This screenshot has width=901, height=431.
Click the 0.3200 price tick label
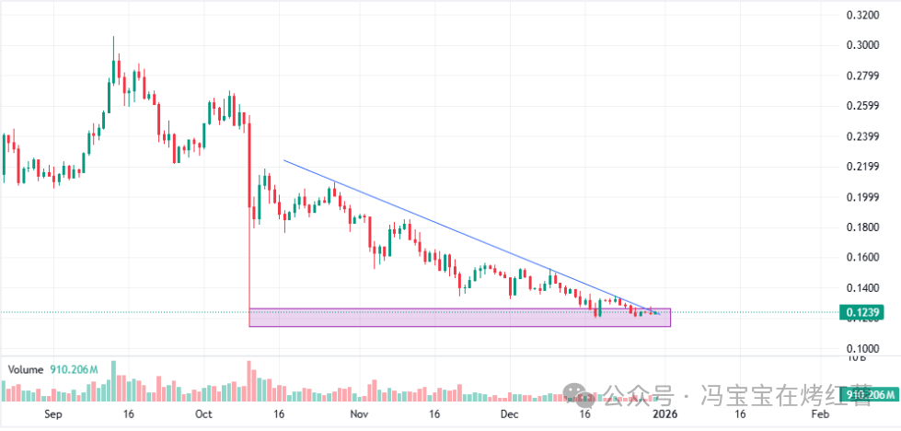coord(864,15)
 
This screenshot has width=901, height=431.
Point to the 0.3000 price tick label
coord(864,45)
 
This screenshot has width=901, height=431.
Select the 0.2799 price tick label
coord(864,76)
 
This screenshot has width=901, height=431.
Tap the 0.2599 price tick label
coord(864,106)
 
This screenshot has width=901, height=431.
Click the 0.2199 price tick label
coord(864,167)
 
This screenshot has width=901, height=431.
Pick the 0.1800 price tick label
coord(864,227)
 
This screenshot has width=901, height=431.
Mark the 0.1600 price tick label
coord(864,258)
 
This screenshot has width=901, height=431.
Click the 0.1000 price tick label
coord(864,349)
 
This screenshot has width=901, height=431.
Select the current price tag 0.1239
coord(864,313)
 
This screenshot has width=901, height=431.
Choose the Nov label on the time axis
coord(360,416)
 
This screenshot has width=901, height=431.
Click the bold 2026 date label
coord(665,416)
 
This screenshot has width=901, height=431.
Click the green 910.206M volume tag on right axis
coord(868,395)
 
